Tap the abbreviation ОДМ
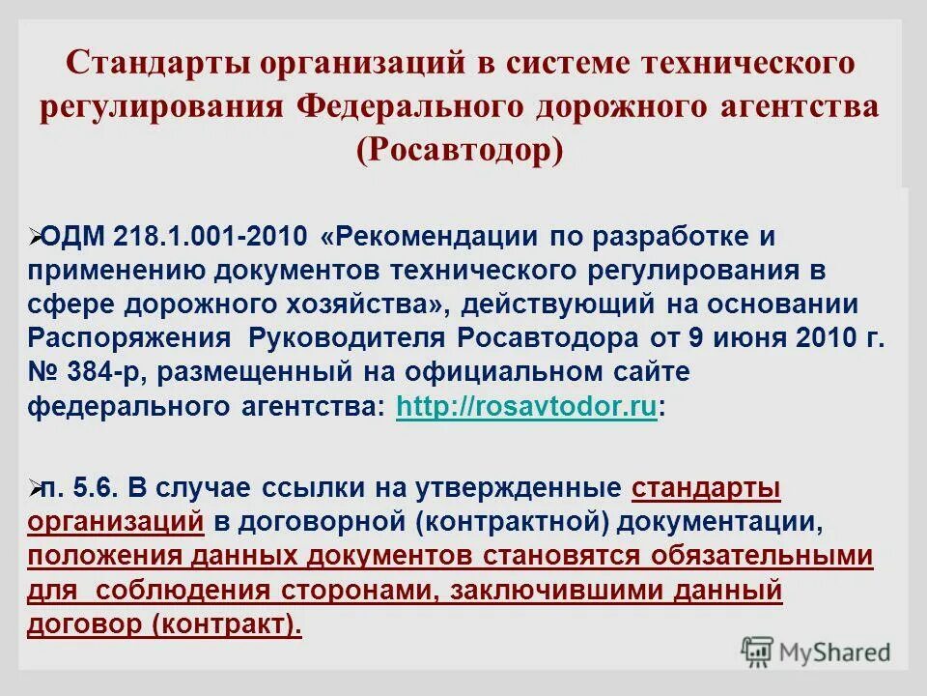click(x=72, y=238)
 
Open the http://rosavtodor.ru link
click(x=527, y=408)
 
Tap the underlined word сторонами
click(x=347, y=591)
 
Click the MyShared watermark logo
click(x=816, y=651)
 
